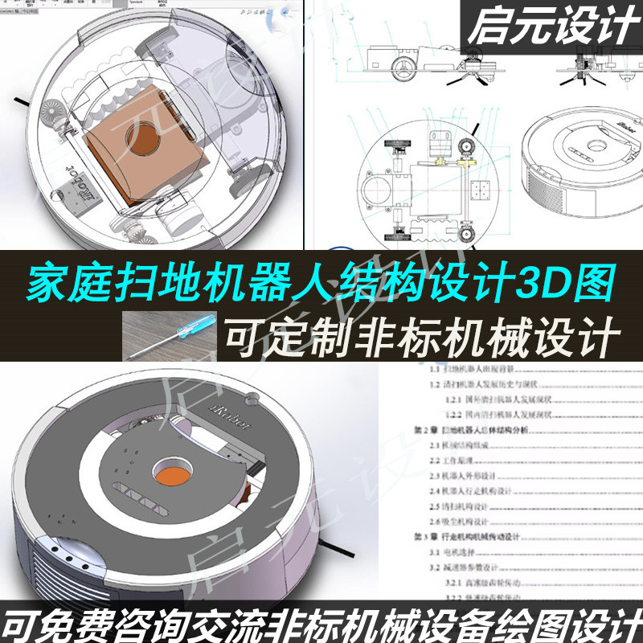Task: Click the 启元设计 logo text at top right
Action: pyautogui.click(x=551, y=29)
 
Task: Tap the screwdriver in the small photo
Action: pyautogui.click(x=173, y=330)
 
